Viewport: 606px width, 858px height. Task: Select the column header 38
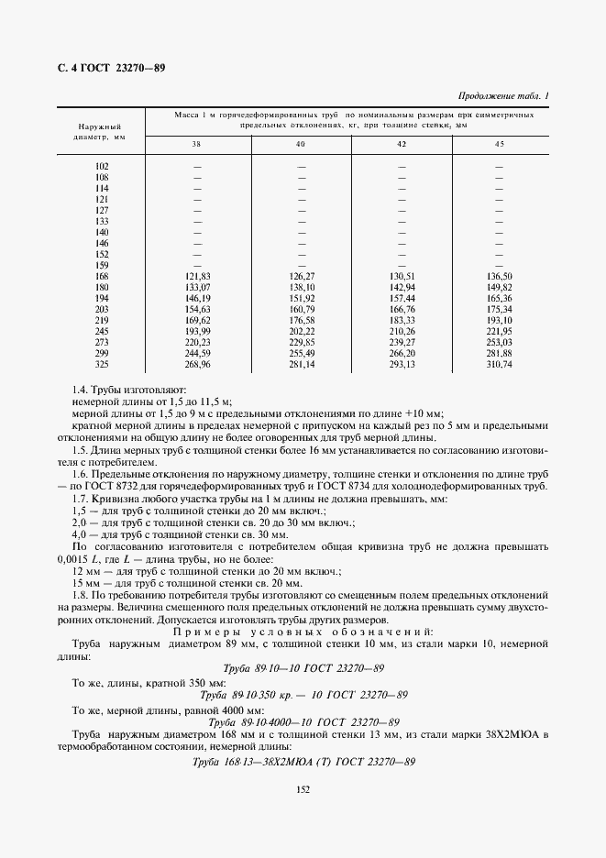(x=197, y=145)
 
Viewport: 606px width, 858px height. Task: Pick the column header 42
(x=402, y=145)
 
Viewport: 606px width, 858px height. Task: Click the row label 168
(x=102, y=276)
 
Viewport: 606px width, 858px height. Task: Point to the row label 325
(x=102, y=364)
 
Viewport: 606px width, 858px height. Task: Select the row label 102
(x=102, y=166)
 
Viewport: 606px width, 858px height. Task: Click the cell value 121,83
(x=198, y=276)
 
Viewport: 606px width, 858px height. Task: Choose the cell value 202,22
(x=301, y=331)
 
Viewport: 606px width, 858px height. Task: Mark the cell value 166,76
(x=402, y=309)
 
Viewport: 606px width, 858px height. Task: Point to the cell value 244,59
(x=198, y=353)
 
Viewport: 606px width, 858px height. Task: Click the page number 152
(x=303, y=786)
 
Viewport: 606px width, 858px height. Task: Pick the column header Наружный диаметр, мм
(x=102, y=134)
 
